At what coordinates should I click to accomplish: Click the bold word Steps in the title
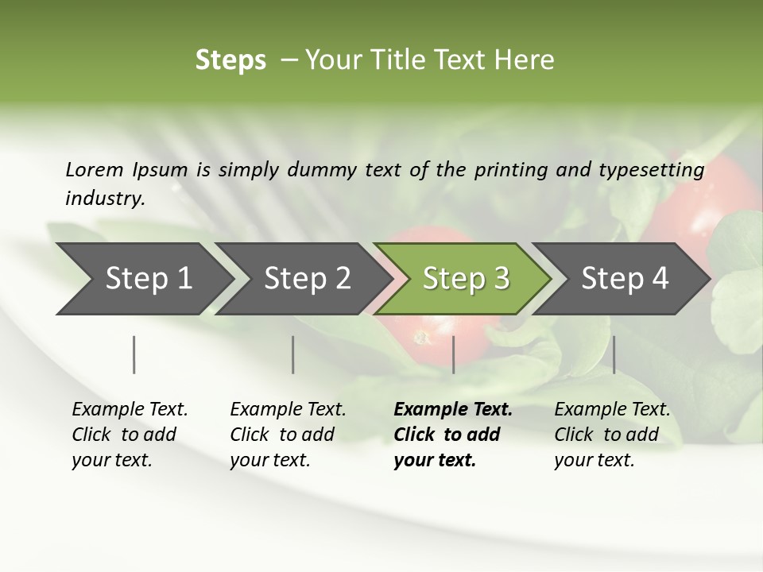(230, 60)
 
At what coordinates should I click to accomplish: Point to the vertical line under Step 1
(134, 354)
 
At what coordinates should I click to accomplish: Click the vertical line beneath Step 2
(293, 354)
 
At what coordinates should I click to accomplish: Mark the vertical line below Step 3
(453, 354)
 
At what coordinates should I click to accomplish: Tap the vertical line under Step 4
(614, 354)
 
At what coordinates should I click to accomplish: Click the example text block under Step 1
(130, 435)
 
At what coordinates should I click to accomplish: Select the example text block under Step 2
(288, 435)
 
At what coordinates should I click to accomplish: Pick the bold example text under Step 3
(453, 435)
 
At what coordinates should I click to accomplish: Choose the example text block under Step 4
(612, 435)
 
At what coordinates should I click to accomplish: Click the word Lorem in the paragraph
(94, 169)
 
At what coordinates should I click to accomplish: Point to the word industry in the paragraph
(103, 199)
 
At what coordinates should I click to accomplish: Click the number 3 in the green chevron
(500, 279)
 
